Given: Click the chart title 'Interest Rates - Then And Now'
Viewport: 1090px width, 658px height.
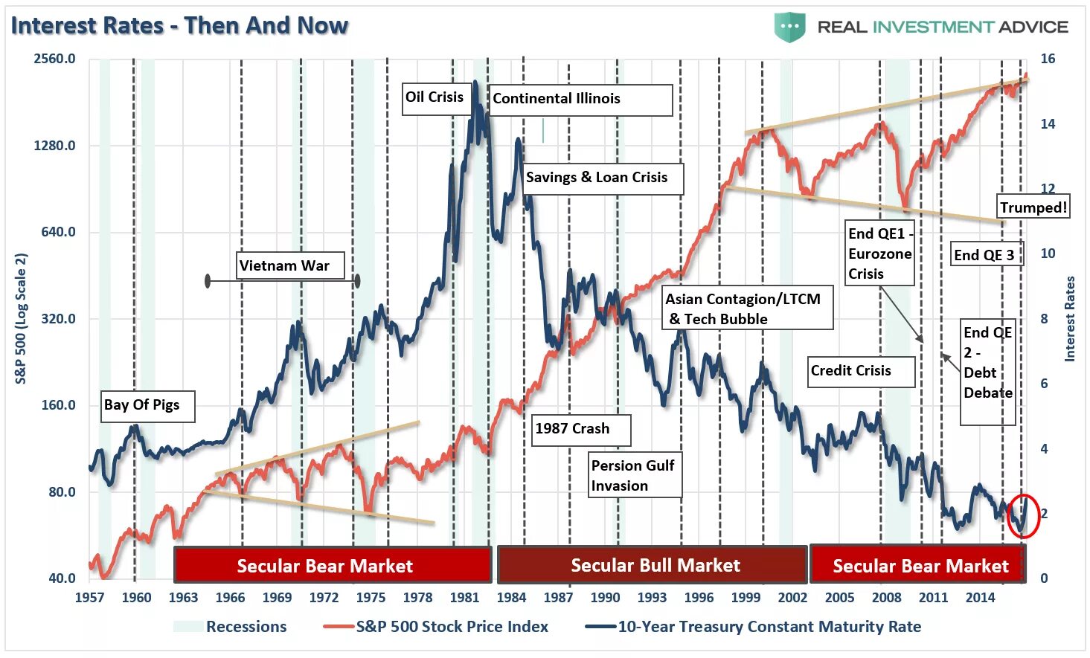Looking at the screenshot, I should coord(179,25).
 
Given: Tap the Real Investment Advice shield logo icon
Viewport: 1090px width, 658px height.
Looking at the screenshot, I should coord(789,28).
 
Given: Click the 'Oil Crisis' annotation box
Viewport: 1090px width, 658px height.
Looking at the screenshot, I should coord(436,97).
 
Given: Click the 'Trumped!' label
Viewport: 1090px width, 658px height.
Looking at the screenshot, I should coord(1033,207).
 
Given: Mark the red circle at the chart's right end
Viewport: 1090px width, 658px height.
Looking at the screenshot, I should coord(1022,515).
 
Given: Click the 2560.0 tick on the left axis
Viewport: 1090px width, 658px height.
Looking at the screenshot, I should coord(54,59).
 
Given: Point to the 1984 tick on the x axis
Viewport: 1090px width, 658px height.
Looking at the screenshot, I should coord(511,597).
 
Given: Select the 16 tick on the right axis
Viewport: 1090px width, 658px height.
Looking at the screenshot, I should coord(1047,59).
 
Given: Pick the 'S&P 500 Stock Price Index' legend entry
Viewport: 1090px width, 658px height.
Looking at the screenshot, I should coord(451,627).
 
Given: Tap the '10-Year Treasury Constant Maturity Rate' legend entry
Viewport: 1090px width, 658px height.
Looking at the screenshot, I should coord(769,627).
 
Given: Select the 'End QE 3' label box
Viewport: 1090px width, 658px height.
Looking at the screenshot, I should coord(985,255).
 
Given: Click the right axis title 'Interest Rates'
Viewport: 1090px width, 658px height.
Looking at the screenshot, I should coord(1070,319).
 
